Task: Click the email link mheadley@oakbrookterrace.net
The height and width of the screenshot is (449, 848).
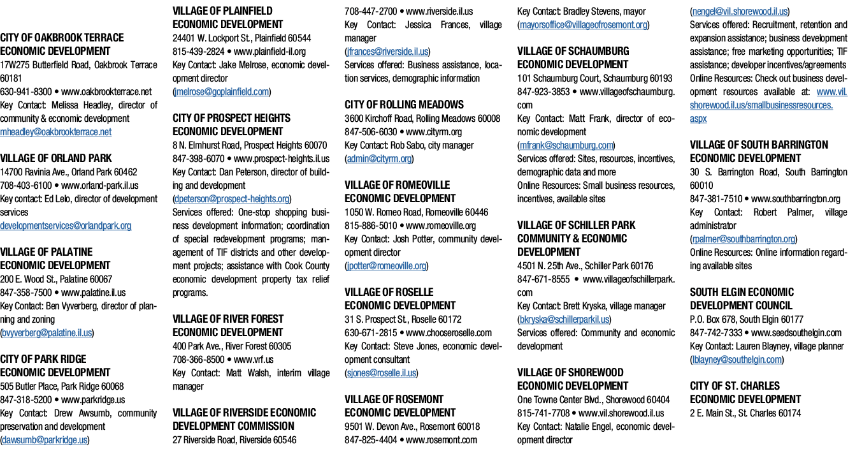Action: point(55,132)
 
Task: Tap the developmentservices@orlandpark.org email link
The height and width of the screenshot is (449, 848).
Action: point(66,226)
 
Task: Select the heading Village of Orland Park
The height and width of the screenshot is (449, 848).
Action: point(55,158)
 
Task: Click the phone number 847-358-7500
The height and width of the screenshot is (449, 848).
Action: point(25,293)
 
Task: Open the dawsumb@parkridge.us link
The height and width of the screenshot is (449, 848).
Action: point(45,440)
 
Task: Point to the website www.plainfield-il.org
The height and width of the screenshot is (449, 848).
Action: point(269,52)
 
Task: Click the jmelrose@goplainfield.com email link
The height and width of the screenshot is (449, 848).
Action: point(222,92)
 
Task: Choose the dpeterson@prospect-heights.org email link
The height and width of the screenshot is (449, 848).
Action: point(232,199)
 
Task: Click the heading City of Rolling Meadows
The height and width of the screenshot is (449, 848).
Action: point(404,105)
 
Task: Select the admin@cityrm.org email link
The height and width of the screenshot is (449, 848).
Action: point(379,159)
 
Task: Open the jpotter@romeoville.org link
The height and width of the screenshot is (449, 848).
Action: point(387,266)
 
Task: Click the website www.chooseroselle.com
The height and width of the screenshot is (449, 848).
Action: point(449,333)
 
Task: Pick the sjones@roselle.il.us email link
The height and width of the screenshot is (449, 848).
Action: point(382,373)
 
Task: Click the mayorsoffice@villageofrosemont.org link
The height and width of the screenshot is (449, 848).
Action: point(584,25)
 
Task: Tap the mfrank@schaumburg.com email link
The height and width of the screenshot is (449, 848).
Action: point(566,145)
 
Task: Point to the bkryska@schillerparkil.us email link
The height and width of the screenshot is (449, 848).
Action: point(564,320)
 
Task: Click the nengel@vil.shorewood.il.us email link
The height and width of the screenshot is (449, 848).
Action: point(740,11)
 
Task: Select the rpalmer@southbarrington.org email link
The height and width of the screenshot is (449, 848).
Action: point(744,239)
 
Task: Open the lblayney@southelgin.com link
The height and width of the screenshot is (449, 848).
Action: point(737,360)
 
